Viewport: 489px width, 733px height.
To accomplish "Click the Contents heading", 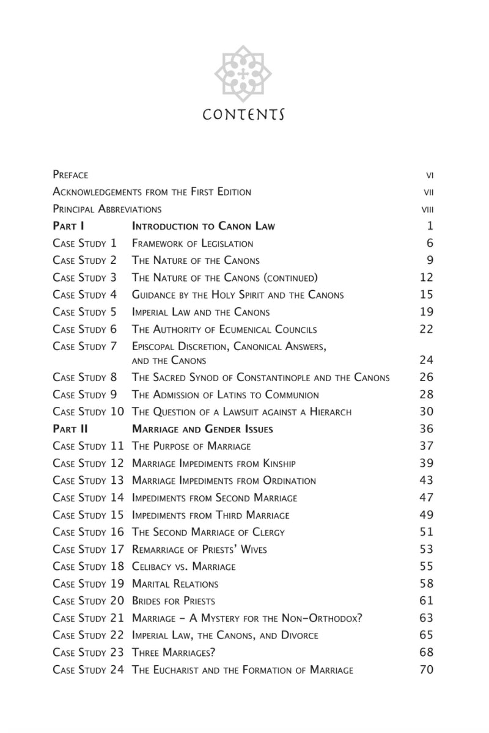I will [244, 115].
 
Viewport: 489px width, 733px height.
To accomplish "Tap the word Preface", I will [70, 175].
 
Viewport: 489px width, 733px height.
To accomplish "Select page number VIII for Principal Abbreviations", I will [427, 210].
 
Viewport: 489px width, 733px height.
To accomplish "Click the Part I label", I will [72, 226].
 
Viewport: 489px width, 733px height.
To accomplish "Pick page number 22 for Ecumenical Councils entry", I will [426, 329].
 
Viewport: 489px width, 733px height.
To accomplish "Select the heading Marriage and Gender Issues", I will [202, 429].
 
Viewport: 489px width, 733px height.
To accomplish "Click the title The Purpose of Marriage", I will [191, 446].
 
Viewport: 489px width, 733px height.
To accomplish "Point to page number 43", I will [426, 481].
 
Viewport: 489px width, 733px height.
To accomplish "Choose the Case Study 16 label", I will [88, 532].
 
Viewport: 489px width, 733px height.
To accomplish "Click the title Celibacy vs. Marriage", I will [183, 567].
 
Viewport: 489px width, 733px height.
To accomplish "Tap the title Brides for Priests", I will [174, 601].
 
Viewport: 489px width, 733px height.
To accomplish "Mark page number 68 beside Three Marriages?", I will [426, 652].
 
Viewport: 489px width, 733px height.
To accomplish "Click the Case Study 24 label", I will [88, 670].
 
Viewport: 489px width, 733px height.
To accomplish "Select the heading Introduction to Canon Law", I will [204, 226].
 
